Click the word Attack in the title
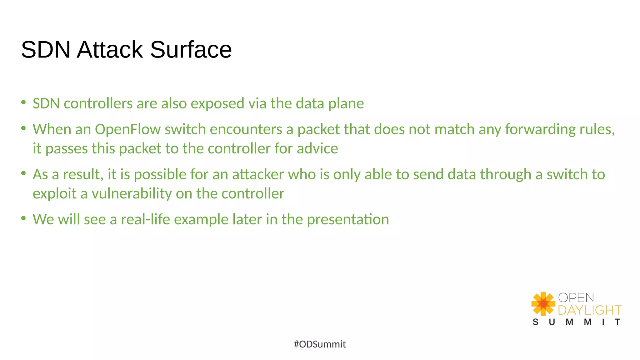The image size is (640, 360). pyautogui.click(x=110, y=50)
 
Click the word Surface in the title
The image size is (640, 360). pyautogui.click(x=191, y=50)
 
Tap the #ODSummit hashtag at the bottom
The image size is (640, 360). pyautogui.click(x=320, y=344)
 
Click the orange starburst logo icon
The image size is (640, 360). pyautogui.click(x=543, y=303)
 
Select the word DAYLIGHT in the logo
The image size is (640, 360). pyautogui.click(x=589, y=310)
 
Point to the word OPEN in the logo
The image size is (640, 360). pyautogui.click(x=576, y=298)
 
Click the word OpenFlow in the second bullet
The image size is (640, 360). pyautogui.click(x=128, y=129)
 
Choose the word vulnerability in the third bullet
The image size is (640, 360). pyautogui.click(x=132, y=194)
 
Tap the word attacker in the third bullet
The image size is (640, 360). pyautogui.click(x=258, y=174)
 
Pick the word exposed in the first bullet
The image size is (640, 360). pyautogui.click(x=217, y=104)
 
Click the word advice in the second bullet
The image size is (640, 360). pyautogui.click(x=317, y=148)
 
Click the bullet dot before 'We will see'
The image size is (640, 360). pyautogui.click(x=23, y=218)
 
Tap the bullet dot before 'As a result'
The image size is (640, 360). pyautogui.click(x=23, y=173)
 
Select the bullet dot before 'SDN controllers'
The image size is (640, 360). pyautogui.click(x=23, y=102)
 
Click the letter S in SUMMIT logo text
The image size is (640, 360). pyautogui.click(x=536, y=322)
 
